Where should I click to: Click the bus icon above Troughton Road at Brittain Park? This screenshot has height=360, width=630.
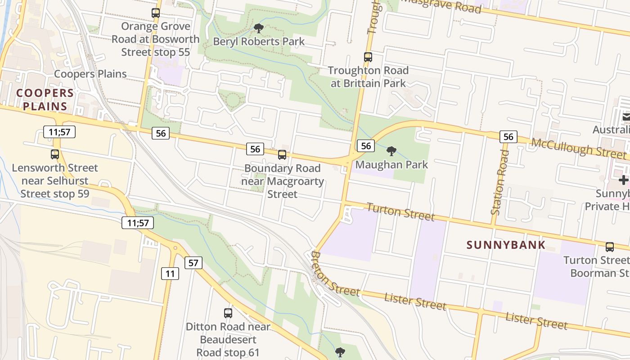point(368,57)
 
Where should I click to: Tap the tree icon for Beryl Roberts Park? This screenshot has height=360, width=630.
point(259,28)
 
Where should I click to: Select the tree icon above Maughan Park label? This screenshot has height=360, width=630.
point(391,151)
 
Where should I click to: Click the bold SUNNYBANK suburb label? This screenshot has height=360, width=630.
point(506,245)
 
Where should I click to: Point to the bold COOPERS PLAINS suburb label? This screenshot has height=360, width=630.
point(45,100)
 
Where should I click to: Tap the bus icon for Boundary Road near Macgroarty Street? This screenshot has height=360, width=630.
point(282,155)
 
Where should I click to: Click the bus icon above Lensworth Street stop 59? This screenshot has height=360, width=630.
point(55,154)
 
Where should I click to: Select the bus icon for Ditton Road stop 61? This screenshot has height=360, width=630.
point(228,313)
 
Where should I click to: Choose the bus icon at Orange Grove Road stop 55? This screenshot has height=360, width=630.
point(156,13)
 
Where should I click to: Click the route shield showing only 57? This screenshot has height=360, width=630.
point(193,263)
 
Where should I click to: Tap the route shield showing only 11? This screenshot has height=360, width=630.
point(170,273)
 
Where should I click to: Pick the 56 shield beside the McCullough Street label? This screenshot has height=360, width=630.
point(508,137)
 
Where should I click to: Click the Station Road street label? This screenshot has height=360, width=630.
point(500,182)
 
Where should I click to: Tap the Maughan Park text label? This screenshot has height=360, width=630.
point(391,165)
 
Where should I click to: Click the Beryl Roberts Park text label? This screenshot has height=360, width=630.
point(259,42)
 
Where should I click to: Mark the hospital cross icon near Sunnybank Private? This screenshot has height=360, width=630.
point(623,180)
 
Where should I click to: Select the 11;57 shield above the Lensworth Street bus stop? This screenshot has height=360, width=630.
point(59,132)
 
